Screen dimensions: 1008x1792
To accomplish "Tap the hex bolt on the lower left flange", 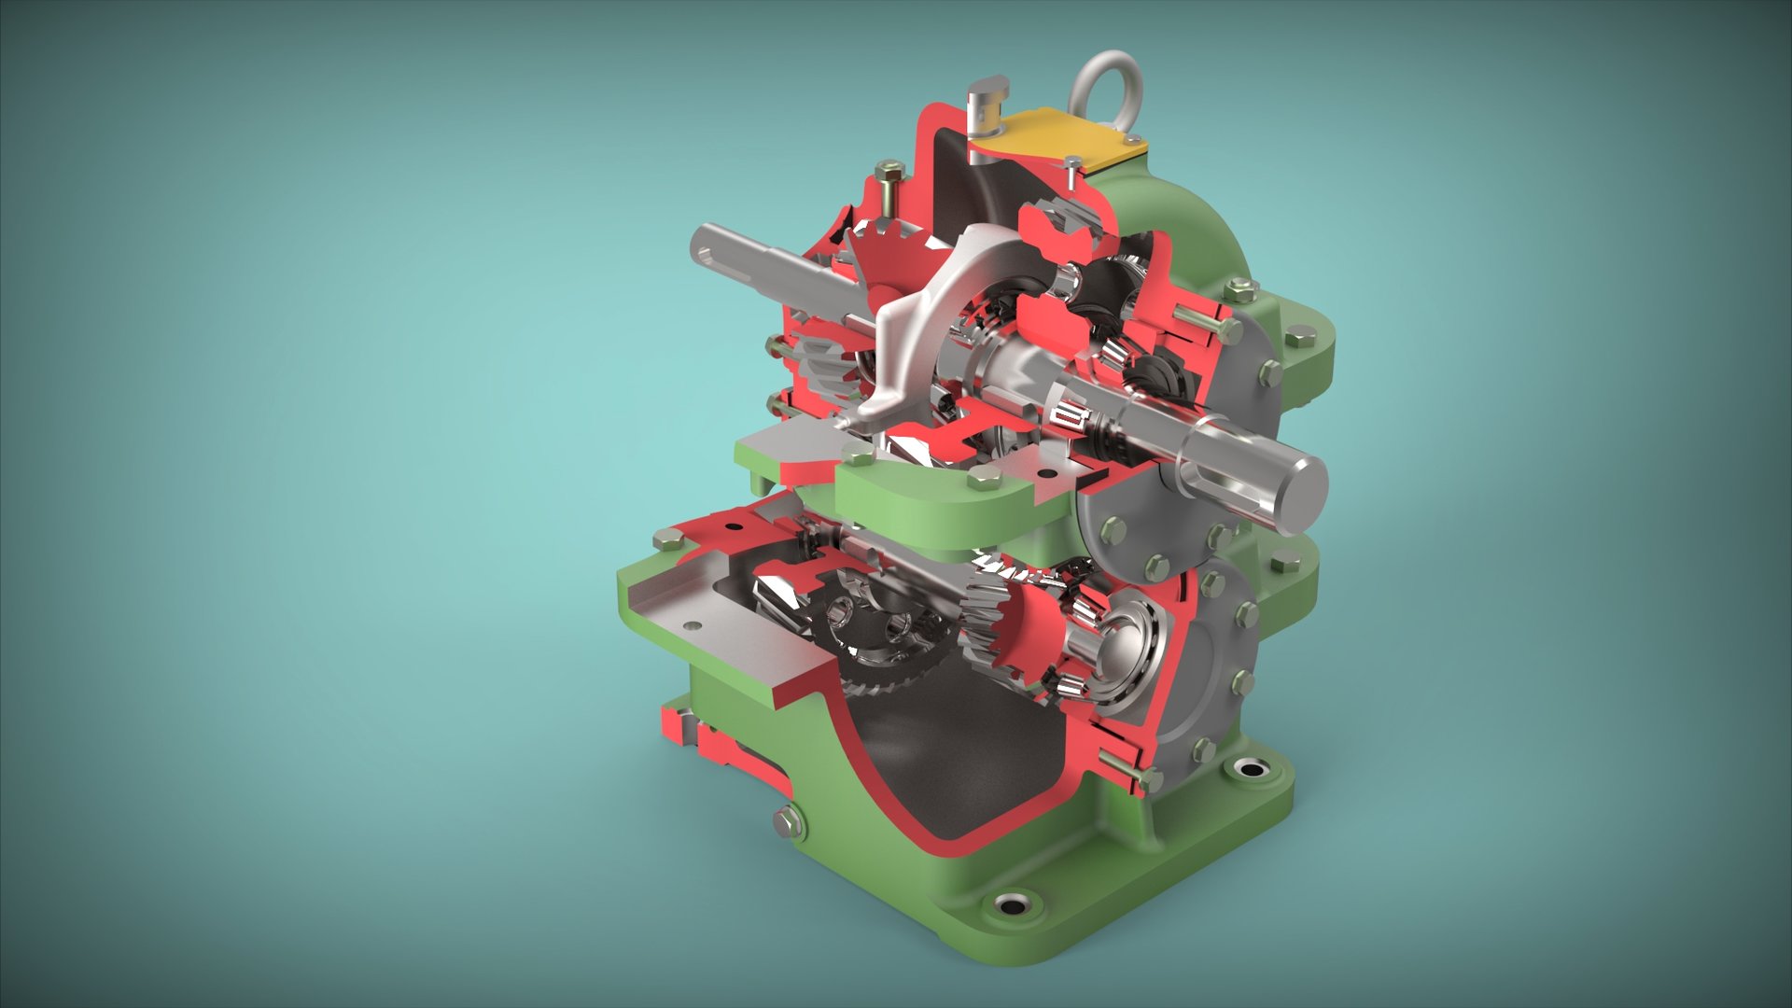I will click(x=667, y=539).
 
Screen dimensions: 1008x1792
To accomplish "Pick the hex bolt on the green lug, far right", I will click(x=1299, y=338).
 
